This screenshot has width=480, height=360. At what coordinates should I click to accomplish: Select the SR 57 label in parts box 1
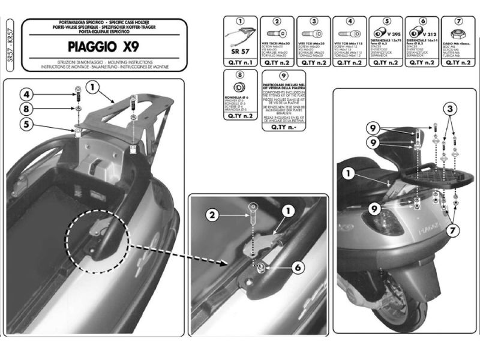(240, 52)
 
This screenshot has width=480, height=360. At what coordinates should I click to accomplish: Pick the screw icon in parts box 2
(278, 31)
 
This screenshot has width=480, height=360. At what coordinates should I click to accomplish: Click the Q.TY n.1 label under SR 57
(240, 62)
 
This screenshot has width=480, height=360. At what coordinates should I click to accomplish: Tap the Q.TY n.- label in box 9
(278, 127)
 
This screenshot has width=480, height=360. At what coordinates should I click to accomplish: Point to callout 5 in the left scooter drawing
(27, 125)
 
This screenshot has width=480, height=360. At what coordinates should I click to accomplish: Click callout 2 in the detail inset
(211, 214)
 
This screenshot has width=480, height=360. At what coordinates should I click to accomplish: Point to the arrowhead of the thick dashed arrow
(225, 262)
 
